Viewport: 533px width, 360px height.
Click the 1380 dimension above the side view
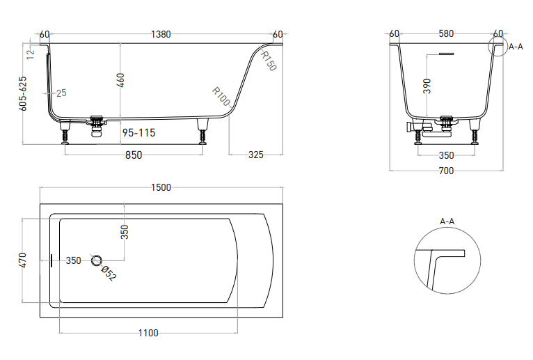tap(161, 34)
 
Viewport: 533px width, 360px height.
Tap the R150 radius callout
tap(269, 61)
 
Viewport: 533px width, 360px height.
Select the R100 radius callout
tap(221, 96)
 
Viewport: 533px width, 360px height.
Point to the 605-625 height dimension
tap(23, 93)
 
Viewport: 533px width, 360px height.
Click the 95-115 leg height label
tap(138, 133)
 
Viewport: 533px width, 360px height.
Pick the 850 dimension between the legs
tap(134, 155)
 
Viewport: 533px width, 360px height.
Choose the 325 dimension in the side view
tap(256, 155)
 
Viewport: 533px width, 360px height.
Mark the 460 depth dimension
tap(120, 80)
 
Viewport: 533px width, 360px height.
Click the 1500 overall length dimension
tap(161, 187)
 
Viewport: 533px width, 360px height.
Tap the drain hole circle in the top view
tap(97, 261)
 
